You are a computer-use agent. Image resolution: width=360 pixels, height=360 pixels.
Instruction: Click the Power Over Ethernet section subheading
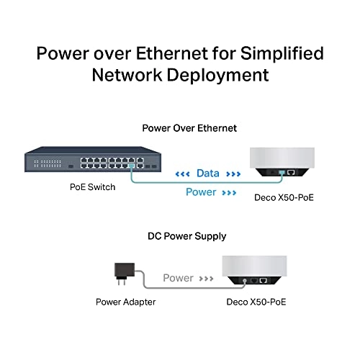click(x=180, y=128)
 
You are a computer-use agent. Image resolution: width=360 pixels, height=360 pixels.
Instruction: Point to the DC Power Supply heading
click(x=180, y=235)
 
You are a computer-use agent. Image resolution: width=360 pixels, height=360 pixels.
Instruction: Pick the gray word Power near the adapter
click(x=178, y=278)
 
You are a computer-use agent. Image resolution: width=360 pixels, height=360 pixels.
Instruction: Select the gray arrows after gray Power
click(x=207, y=278)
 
